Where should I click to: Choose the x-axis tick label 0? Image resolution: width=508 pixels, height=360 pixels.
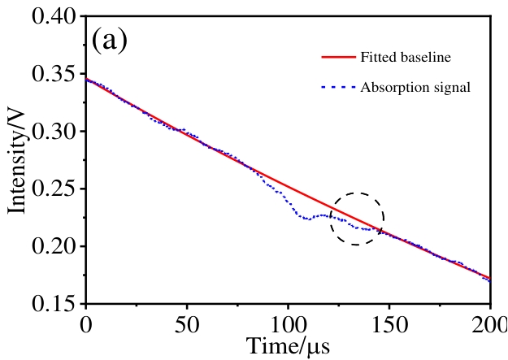click(x=86, y=326)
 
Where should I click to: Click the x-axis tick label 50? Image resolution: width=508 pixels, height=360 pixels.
click(x=187, y=326)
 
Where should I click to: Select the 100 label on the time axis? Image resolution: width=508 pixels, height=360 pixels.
click(x=288, y=326)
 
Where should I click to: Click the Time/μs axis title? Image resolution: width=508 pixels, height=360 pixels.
click(x=288, y=347)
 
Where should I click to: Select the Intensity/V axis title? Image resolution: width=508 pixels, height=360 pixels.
click(x=18, y=160)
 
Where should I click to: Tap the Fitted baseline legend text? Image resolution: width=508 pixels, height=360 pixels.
click(x=406, y=58)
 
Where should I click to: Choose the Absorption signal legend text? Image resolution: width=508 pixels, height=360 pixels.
click(x=415, y=87)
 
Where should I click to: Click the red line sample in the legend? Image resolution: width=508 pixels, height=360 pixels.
click(x=339, y=58)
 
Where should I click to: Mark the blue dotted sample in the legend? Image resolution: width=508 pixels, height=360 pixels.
click(x=339, y=87)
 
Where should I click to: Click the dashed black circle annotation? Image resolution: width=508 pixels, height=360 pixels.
click(x=357, y=219)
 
